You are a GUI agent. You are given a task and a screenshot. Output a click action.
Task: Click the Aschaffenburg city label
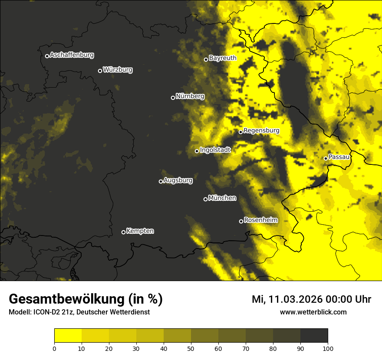pos(72,55)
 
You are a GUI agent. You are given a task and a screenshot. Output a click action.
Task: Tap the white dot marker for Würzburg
pos(100,71)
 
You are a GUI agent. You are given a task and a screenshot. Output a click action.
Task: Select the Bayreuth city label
pos(223,58)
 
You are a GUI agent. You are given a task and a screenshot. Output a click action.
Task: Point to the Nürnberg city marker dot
pos(173,98)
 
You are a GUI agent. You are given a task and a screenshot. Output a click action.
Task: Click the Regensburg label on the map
pos(261,131)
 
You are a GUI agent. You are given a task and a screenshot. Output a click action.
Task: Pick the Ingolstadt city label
pos(215,150)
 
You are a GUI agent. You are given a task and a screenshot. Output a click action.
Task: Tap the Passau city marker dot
pos(326,158)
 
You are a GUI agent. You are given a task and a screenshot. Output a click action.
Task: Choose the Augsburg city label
pos(178,180)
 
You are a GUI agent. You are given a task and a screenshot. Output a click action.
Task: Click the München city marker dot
pos(206,199)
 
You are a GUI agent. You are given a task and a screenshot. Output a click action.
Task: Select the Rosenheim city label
pos(260,220)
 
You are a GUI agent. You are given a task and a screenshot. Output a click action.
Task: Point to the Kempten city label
pos(140,231)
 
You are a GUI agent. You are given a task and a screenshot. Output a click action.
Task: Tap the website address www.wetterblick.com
pos(313,312)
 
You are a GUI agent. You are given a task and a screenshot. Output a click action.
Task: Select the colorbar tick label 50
pos(191,348)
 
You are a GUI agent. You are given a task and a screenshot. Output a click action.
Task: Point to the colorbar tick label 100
pos(328,348)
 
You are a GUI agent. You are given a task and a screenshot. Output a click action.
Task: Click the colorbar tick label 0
pos(54,348)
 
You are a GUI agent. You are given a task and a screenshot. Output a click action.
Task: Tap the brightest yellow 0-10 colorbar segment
pos(68,336)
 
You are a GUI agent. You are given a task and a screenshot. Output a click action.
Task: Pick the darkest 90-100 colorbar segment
pos(314,336)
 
